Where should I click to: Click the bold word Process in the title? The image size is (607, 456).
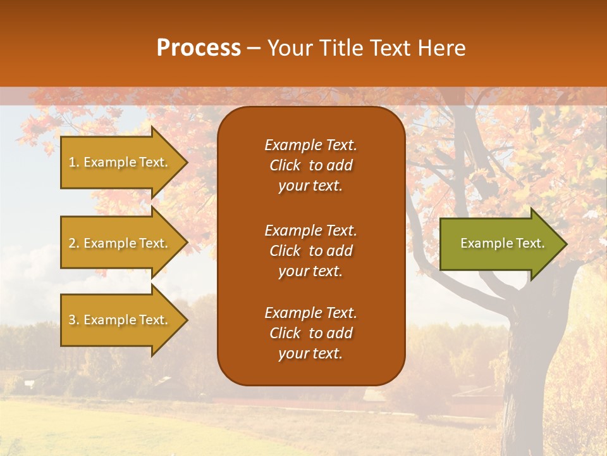199,48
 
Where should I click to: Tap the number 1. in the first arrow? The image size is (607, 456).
74,162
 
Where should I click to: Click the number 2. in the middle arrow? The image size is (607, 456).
74,243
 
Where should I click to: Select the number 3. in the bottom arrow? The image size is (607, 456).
74,320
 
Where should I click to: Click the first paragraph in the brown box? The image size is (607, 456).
310,165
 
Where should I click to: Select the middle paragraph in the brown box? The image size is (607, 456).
310,251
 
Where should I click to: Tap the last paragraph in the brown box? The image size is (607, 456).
310,333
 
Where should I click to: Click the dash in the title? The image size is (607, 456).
254,48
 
